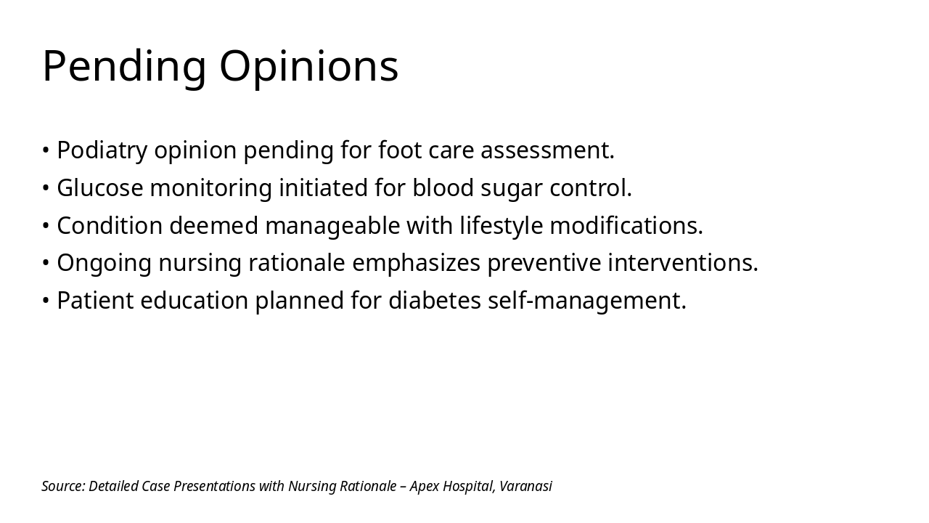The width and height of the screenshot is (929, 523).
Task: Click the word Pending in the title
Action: pyautogui.click(x=124, y=67)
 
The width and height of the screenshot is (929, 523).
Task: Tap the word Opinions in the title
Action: pyautogui.click(x=308, y=67)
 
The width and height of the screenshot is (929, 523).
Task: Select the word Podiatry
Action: pyautogui.click(x=102, y=150)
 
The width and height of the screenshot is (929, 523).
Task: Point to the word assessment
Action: pyautogui.click(x=547, y=150)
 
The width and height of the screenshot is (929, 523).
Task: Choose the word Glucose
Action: pyautogui.click(x=100, y=187)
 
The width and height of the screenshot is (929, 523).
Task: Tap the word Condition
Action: pyautogui.click(x=110, y=225)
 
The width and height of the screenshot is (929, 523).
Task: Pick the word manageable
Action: pyautogui.click(x=332, y=227)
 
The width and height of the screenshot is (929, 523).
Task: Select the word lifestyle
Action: pyautogui.click(x=502, y=227)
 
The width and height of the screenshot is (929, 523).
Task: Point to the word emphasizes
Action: pyautogui.click(x=416, y=264)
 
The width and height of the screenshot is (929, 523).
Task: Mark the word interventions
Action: pyautogui.click(x=683, y=263)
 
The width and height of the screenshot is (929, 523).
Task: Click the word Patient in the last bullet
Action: pyautogui.click(x=95, y=301)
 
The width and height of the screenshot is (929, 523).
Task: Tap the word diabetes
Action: pyautogui.click(x=435, y=301)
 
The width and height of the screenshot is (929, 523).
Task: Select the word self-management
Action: pyautogui.click(x=587, y=301)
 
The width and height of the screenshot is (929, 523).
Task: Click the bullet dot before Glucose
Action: pyautogui.click(x=46, y=188)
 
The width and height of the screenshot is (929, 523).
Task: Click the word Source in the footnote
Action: pyautogui.click(x=63, y=486)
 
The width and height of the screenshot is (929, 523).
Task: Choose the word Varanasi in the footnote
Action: pyautogui.click(x=526, y=486)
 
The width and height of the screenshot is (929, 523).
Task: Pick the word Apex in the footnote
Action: pyautogui.click(x=425, y=487)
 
